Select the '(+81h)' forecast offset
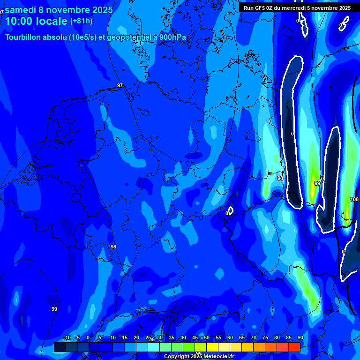coord(81,21)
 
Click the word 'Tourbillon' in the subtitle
coord(26,37)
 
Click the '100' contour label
coord(354,199)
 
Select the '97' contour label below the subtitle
coord(120,85)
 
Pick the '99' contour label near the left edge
coord(54,309)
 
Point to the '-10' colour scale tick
coord(67,338)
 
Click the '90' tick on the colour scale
coord(300,338)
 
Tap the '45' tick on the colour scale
coord(195,338)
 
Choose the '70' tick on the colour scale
coord(253,338)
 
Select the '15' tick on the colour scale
coord(125,338)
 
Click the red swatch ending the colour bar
coord(294,347)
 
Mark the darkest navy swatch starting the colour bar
coord(60,347)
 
